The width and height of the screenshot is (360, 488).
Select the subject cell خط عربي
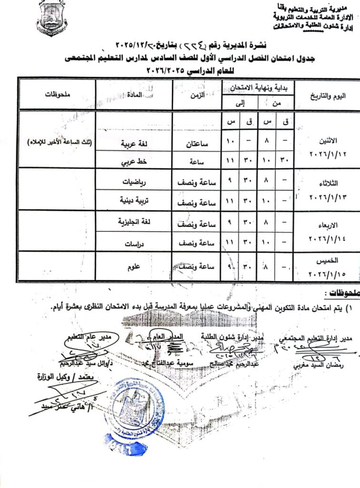(134, 161)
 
